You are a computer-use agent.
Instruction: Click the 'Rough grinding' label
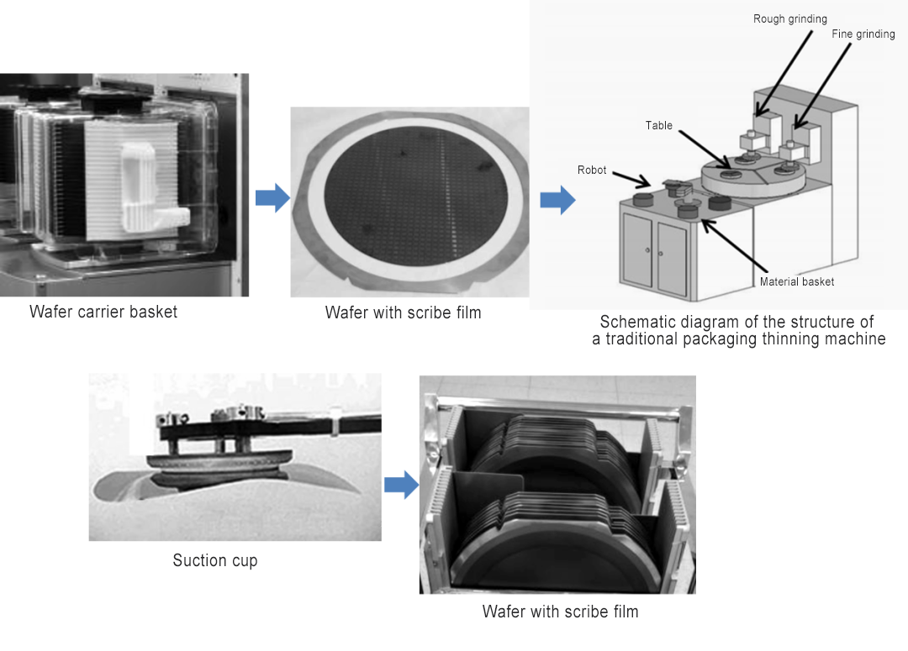tap(789, 19)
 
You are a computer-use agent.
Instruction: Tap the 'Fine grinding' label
tap(863, 34)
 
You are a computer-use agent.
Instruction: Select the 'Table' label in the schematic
tap(659, 125)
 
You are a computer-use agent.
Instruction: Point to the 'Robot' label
tap(592, 170)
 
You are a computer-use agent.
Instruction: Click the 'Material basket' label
tap(796, 281)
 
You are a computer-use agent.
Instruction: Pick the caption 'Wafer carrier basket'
tap(103, 312)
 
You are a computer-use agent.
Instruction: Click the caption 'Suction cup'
tap(215, 560)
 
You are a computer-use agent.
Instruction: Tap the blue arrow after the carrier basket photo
tap(272, 199)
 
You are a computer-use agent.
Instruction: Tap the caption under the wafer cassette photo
tap(560, 612)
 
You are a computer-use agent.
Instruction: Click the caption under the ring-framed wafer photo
tap(403, 312)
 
